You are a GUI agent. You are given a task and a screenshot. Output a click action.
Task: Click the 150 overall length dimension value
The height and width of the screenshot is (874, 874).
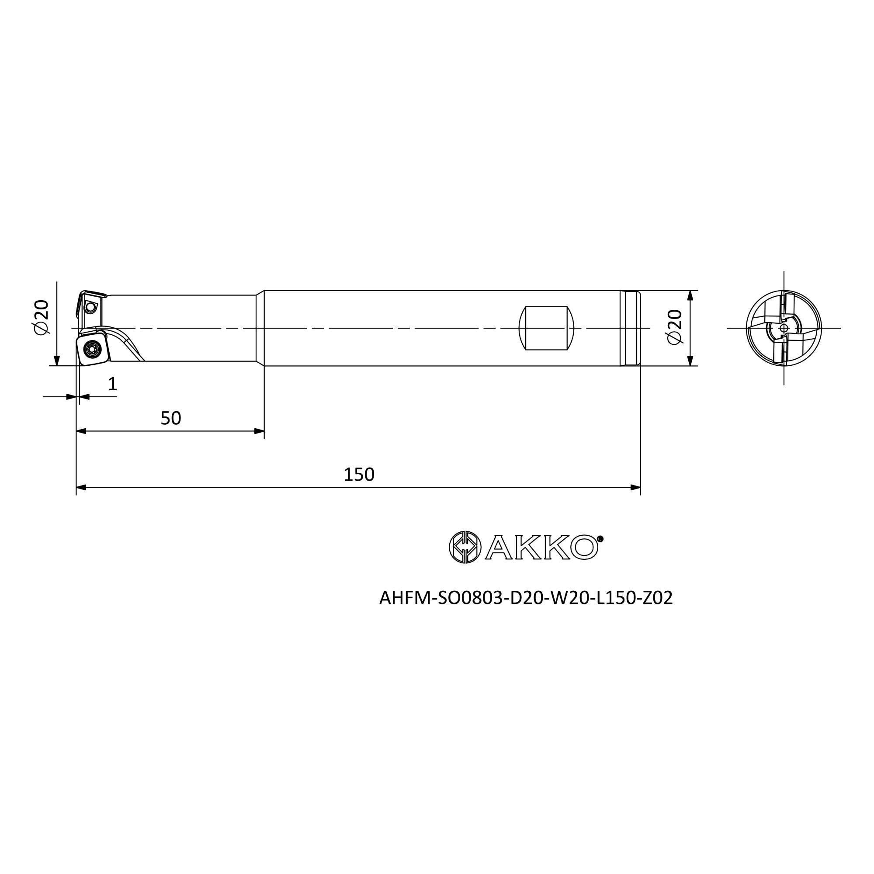click(x=359, y=475)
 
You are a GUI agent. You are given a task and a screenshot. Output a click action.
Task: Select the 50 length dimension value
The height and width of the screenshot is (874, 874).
click(x=171, y=419)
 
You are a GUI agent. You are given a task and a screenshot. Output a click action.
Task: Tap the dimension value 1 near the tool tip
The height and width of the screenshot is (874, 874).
click(x=113, y=384)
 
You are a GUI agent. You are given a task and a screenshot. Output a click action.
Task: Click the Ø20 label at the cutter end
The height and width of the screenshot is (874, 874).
click(x=41, y=317)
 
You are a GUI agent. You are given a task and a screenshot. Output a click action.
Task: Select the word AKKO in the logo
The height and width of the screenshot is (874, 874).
click(x=542, y=547)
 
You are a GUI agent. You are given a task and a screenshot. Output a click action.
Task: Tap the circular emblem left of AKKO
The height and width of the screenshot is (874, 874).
click(x=465, y=547)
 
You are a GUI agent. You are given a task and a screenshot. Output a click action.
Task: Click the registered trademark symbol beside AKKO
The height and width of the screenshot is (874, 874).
click(x=600, y=539)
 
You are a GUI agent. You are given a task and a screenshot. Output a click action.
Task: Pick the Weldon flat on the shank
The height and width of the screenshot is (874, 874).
click(x=546, y=328)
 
